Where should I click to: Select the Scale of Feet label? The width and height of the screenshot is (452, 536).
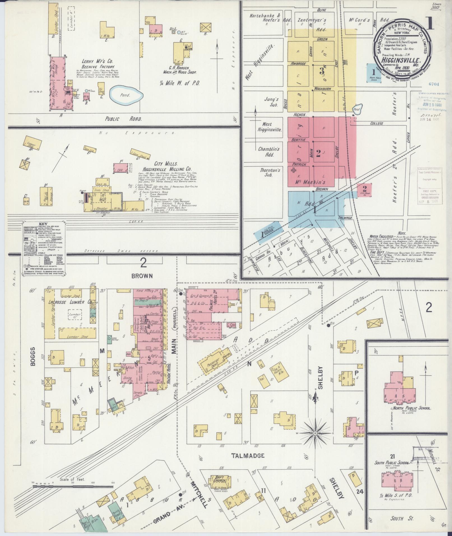[x=72, y=479]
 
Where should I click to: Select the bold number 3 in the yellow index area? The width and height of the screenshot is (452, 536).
[x=322, y=71]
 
